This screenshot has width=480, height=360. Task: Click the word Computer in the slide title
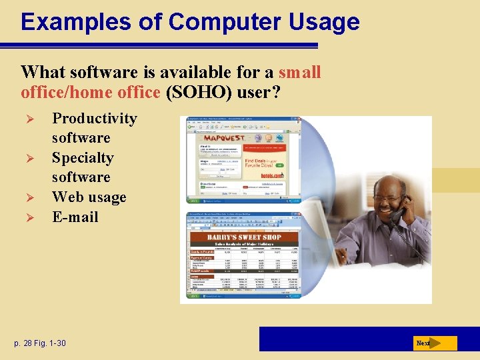(215, 22)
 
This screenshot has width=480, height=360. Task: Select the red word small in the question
(300, 72)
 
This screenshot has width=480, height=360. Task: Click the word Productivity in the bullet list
(95, 119)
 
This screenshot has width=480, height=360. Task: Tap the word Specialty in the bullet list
(83, 158)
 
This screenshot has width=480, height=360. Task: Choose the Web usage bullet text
(89, 197)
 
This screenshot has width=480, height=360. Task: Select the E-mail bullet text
(75, 217)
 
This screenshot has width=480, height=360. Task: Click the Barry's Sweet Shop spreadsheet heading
(244, 237)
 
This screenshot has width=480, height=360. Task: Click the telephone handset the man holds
(398, 215)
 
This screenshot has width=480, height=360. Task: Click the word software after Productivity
(81, 138)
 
